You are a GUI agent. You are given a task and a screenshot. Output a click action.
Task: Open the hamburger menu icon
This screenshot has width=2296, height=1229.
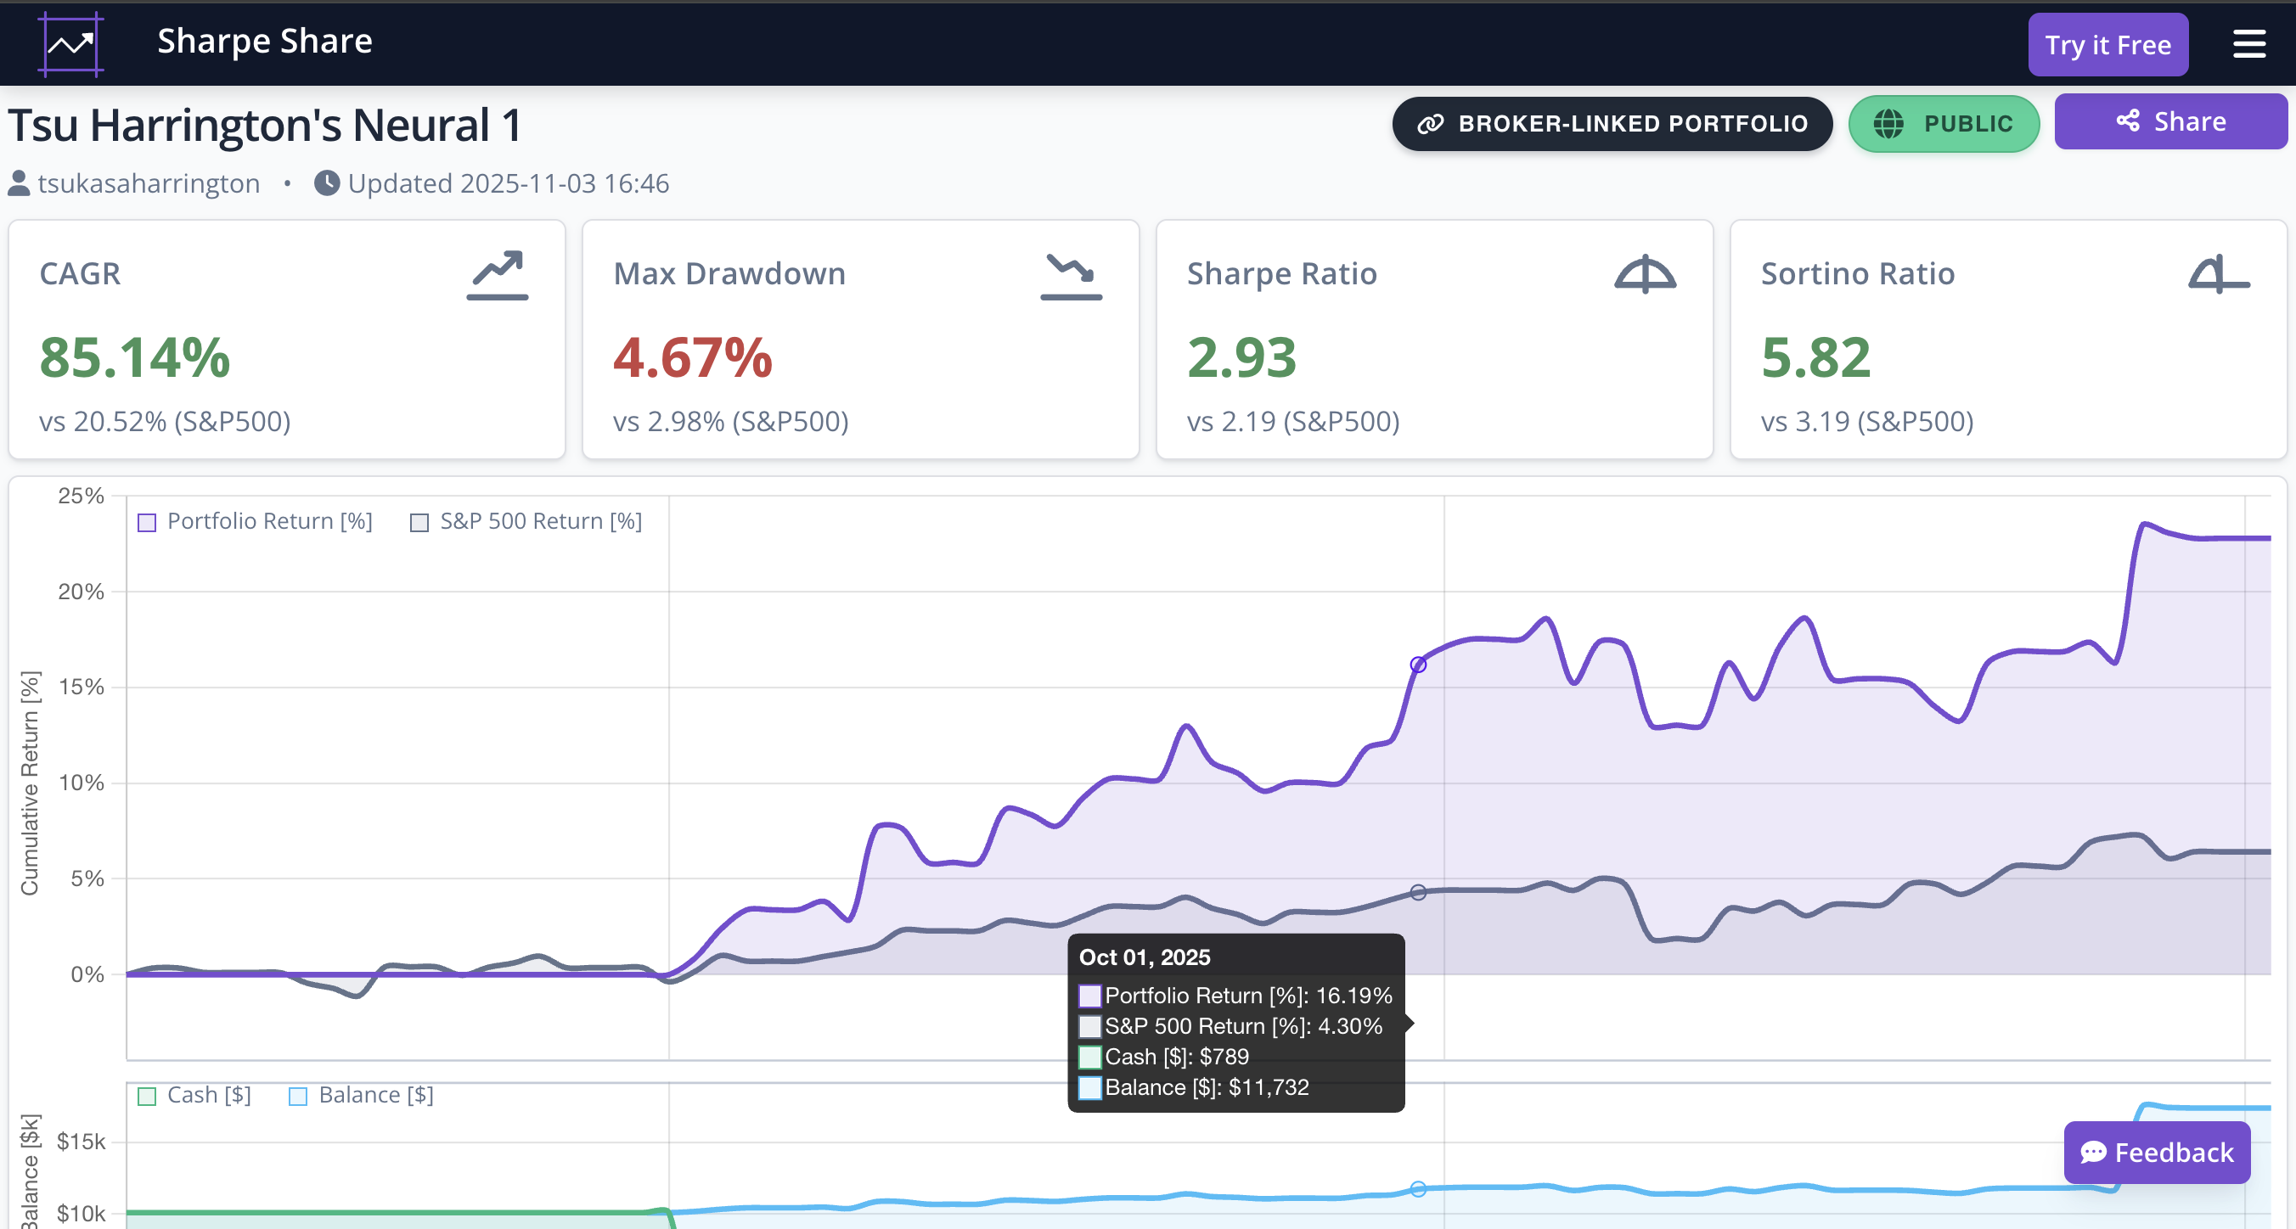(x=2248, y=43)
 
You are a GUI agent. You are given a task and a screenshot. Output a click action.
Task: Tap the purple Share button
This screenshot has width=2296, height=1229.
(x=2170, y=122)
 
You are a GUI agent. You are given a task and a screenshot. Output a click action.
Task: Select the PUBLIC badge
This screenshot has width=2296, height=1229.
(x=1943, y=124)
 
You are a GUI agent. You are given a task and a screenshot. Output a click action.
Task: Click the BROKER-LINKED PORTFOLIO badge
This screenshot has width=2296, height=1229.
(x=1612, y=124)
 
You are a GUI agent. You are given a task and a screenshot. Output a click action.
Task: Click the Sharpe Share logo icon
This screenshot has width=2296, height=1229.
(x=70, y=43)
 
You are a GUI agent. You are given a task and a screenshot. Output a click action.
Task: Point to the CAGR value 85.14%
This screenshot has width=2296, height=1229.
(x=135, y=357)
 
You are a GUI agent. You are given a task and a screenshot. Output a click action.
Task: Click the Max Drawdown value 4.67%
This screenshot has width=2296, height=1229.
(x=693, y=357)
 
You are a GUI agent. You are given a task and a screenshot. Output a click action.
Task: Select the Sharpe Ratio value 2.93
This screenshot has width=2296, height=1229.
(x=1241, y=357)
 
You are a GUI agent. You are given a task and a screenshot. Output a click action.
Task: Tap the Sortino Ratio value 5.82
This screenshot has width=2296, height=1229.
(x=1815, y=357)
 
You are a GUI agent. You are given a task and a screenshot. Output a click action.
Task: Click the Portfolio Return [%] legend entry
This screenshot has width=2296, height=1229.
(x=255, y=521)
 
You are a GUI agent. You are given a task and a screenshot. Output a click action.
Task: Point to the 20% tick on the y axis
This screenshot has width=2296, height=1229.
(x=82, y=592)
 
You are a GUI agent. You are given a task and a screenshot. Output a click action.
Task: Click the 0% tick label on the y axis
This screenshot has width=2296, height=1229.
(x=87, y=974)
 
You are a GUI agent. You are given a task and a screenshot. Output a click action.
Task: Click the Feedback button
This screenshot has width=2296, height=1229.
(x=2156, y=1153)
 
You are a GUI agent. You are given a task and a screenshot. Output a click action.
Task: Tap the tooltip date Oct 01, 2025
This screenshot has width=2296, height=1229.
(x=1145, y=957)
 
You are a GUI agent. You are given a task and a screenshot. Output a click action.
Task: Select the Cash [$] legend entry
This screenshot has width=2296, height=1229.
(x=194, y=1095)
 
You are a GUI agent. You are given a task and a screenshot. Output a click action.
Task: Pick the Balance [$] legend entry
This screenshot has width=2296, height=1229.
(x=361, y=1095)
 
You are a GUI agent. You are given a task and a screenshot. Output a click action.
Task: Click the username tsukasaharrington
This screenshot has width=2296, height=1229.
(x=148, y=183)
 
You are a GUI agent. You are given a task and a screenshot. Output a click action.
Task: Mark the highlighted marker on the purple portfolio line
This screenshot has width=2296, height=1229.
(x=1418, y=665)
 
